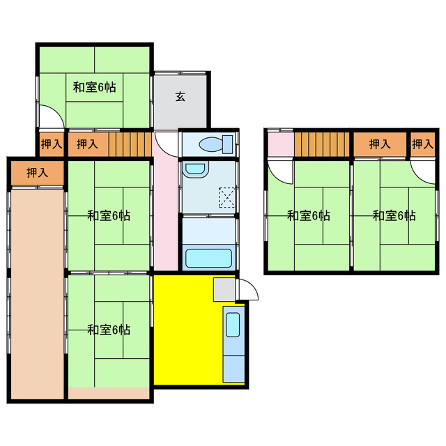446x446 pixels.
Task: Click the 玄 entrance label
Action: click(180, 96)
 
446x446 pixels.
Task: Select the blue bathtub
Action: click(208, 256)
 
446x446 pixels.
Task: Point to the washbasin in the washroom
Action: click(195, 169)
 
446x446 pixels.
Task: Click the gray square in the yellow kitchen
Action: click(224, 289)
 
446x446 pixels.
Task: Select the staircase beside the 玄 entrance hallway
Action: click(130, 144)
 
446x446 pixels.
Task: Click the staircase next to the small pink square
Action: click(321, 144)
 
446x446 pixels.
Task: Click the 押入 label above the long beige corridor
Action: click(37, 172)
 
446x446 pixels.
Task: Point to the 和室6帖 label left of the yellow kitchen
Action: click(109, 329)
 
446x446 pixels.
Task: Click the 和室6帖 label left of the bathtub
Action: click(109, 215)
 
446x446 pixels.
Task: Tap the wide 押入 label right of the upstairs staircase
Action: click(379, 144)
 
